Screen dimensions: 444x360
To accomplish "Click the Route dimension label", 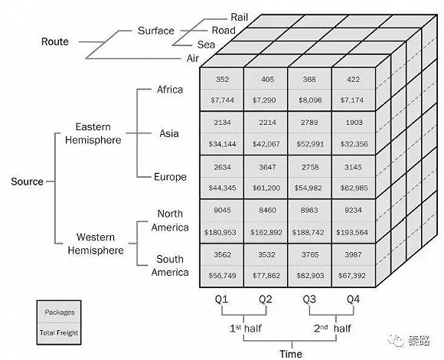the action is click(x=55, y=41).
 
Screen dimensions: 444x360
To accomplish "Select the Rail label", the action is click(x=240, y=17).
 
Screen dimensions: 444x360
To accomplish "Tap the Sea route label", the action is click(x=206, y=44).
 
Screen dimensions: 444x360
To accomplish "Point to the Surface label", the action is click(x=155, y=31).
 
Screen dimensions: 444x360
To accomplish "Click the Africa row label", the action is click(x=170, y=90).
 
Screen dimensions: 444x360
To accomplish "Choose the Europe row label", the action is click(x=170, y=177).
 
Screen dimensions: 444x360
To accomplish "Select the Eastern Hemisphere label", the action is click(x=93, y=133).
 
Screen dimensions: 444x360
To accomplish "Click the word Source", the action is click(x=28, y=182).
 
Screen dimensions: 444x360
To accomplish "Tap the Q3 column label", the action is click(x=309, y=299).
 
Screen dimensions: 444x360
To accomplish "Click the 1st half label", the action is click(x=246, y=329).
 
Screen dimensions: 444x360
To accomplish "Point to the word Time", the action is click(x=291, y=354).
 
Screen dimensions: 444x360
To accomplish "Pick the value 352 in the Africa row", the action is click(x=222, y=80).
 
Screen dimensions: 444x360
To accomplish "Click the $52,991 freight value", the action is click(x=310, y=144).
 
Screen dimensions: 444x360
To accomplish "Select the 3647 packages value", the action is click(x=267, y=167).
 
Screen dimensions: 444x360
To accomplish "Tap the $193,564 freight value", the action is click(x=352, y=232).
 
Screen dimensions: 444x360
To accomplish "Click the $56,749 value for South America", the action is click(x=222, y=275).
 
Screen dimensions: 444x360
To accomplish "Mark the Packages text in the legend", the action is click(x=60, y=313).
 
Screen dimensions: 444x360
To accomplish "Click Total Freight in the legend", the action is click(x=59, y=333).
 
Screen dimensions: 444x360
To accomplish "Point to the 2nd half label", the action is click(x=332, y=329).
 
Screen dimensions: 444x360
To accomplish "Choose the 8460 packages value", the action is click(x=267, y=210).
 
